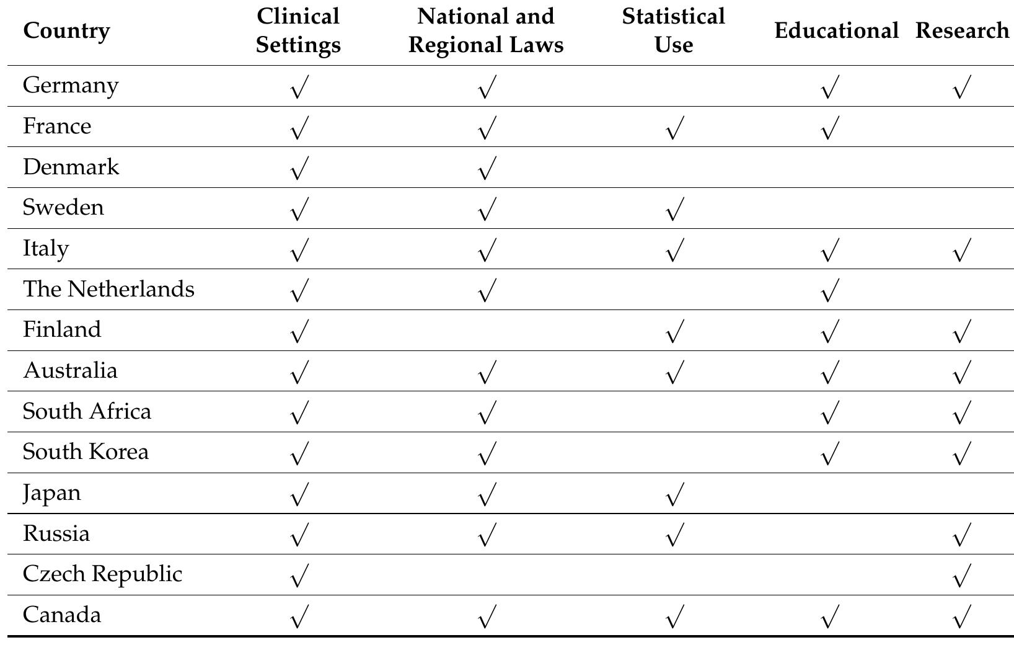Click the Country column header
tap(66, 30)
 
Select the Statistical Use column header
tap(673, 30)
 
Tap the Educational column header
tap(835, 30)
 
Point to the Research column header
tap(961, 30)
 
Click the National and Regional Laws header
tap(486, 30)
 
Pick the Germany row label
tap(71, 86)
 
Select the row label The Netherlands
tap(108, 289)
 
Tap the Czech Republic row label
tap(102, 574)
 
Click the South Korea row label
tap(86, 452)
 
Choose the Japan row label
tap(52, 493)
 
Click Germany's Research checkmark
tap(961, 87)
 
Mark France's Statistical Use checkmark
tap(674, 128)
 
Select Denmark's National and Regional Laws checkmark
tap(487, 169)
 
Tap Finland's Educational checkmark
tap(829, 332)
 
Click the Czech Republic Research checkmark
tap(961, 576)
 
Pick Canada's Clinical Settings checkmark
tap(299, 617)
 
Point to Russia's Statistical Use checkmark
tap(674, 535)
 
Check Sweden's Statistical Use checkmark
tap(674, 210)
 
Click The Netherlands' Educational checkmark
tap(829, 291)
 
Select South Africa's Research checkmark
tap(961, 413)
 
